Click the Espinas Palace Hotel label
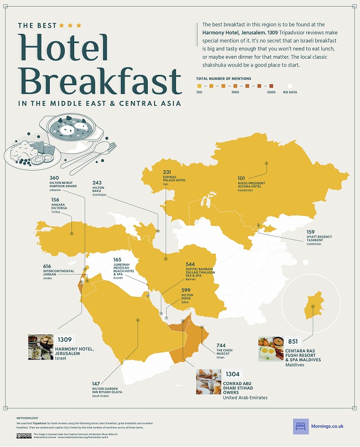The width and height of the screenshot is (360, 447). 174,180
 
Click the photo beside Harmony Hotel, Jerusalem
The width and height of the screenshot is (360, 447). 40,347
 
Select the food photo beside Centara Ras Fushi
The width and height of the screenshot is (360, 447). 271,349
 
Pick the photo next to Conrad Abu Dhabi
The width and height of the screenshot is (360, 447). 208,382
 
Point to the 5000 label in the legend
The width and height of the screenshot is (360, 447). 271,93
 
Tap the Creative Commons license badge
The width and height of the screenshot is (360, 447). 24,435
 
